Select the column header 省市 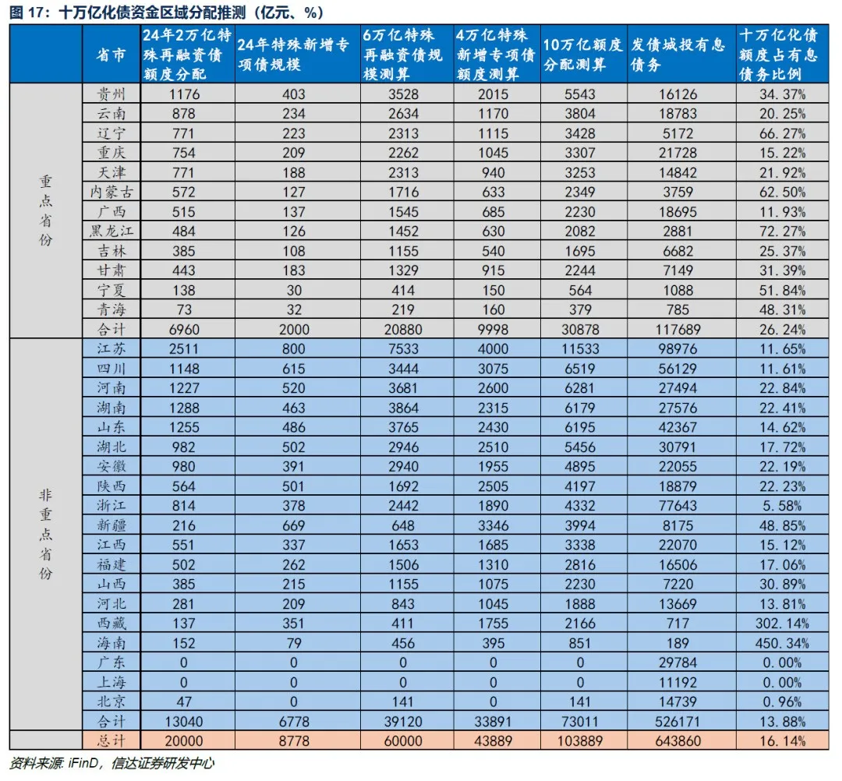(x=111, y=55)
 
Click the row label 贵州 (x=111, y=94)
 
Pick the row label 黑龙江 (x=111, y=231)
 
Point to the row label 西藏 (x=111, y=623)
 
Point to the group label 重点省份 (x=45, y=211)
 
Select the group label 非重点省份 (x=45, y=535)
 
